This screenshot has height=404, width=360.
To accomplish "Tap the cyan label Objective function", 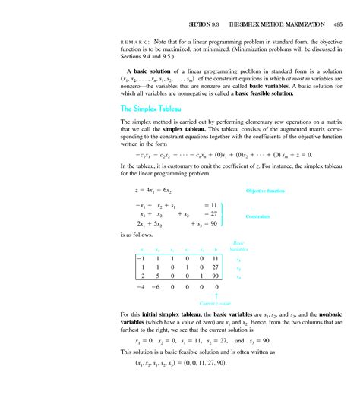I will tap(265, 190).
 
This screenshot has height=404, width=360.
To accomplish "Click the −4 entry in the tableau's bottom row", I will tap(140, 289).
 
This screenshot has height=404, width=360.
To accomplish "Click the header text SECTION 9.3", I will tap(204, 25).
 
